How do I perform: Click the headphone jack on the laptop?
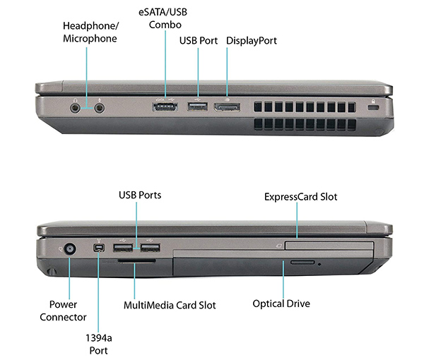(x=75, y=108)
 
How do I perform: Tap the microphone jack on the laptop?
(x=100, y=108)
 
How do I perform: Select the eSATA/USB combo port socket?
(x=165, y=107)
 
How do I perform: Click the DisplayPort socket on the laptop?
(x=227, y=107)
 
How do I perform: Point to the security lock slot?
(x=373, y=108)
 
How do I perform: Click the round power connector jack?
(x=70, y=249)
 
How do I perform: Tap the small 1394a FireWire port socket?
(x=99, y=248)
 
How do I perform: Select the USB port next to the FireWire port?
(x=123, y=248)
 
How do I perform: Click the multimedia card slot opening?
(x=136, y=261)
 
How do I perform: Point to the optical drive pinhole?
(x=319, y=265)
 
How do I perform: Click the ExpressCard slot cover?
(x=329, y=246)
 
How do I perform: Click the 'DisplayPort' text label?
(x=252, y=41)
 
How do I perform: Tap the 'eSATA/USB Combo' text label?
(x=163, y=18)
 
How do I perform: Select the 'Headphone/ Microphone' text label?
(x=90, y=32)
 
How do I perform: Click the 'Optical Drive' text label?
(x=281, y=304)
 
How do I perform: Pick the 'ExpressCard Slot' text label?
(x=301, y=197)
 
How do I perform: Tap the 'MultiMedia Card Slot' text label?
(x=170, y=305)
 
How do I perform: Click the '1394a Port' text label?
(x=99, y=344)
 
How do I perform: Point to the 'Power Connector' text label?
(x=63, y=311)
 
